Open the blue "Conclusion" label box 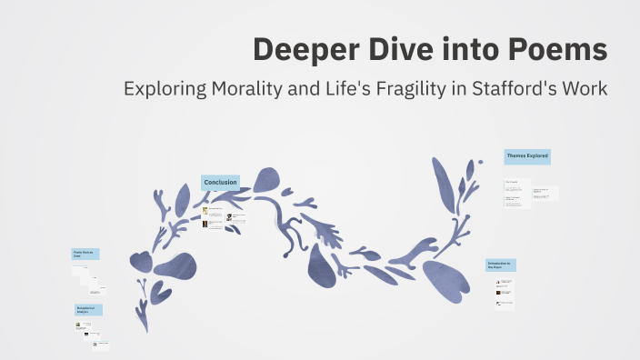[x=220, y=183]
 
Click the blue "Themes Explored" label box [x=527, y=156]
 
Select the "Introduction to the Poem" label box [x=500, y=265]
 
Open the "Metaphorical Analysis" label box [x=88, y=309]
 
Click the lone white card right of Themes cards [x=545, y=193]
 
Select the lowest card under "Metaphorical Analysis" [x=99, y=345]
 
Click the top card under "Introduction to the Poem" [x=505, y=282]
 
